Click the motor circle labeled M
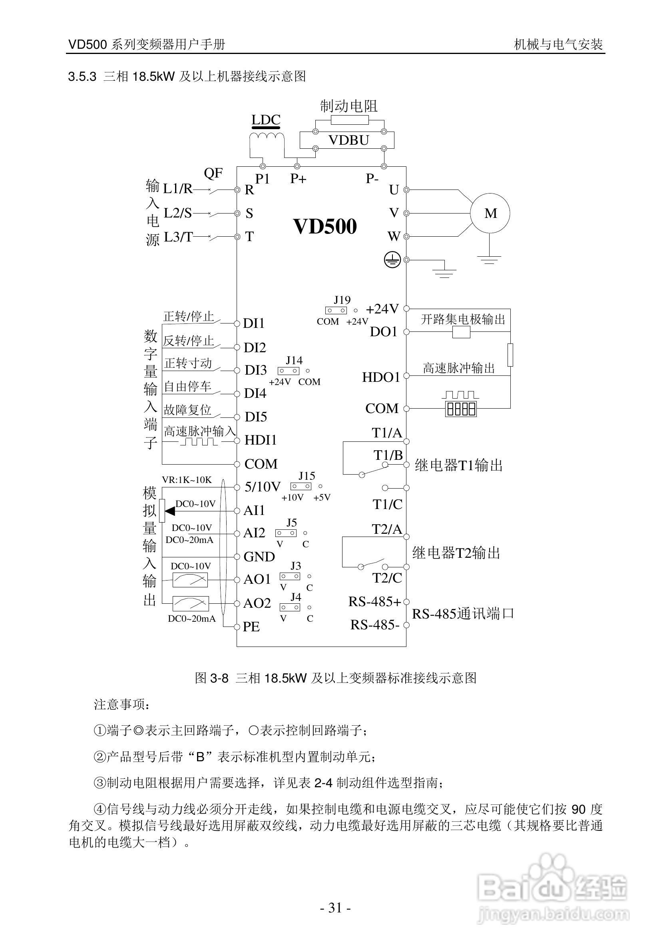click(490, 213)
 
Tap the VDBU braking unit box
click(348, 140)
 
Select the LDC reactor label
click(266, 120)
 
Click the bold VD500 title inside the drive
click(325, 226)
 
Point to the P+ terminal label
click(298, 179)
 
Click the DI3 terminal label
click(255, 370)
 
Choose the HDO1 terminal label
click(381, 377)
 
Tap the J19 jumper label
click(342, 300)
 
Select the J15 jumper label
click(307, 475)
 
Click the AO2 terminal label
click(257, 603)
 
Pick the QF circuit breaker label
click(213, 173)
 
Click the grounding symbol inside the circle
click(392, 260)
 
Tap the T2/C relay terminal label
click(387, 578)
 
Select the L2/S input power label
click(178, 213)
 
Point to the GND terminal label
click(259, 557)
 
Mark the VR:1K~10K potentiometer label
click(187, 480)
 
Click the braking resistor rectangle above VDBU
click(349, 120)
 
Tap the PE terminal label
click(251, 627)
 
